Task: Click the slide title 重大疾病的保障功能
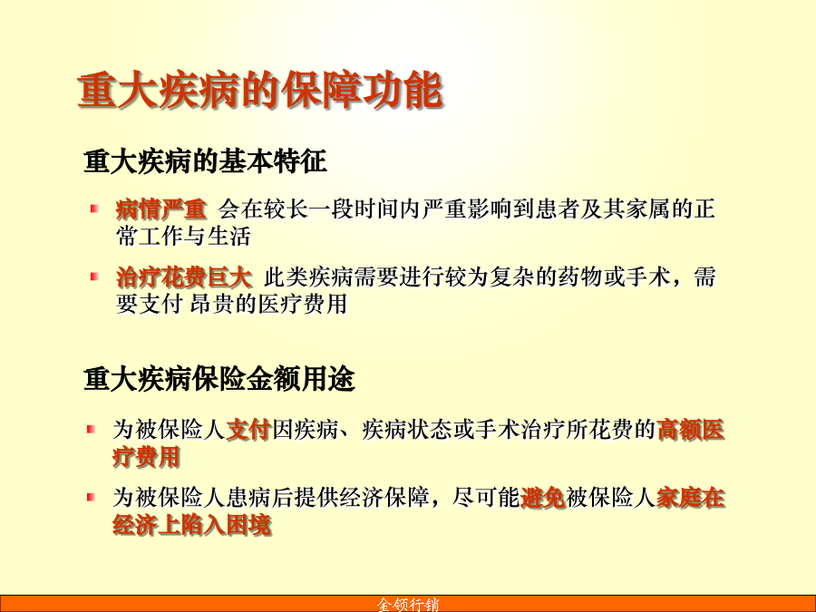point(260,91)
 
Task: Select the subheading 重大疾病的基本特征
point(205,160)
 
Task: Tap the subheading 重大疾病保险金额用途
point(219,378)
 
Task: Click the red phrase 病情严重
point(161,209)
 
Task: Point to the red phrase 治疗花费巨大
point(185,277)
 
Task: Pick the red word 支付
point(248,430)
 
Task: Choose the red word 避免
point(543,498)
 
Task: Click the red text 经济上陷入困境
point(192,525)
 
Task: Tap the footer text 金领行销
point(408,604)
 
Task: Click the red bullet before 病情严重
point(94,209)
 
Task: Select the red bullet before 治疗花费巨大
point(94,277)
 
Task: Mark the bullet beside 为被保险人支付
point(91,430)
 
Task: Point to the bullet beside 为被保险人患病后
point(91,497)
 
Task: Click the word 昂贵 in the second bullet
point(212,304)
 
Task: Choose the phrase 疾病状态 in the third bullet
point(407,430)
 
